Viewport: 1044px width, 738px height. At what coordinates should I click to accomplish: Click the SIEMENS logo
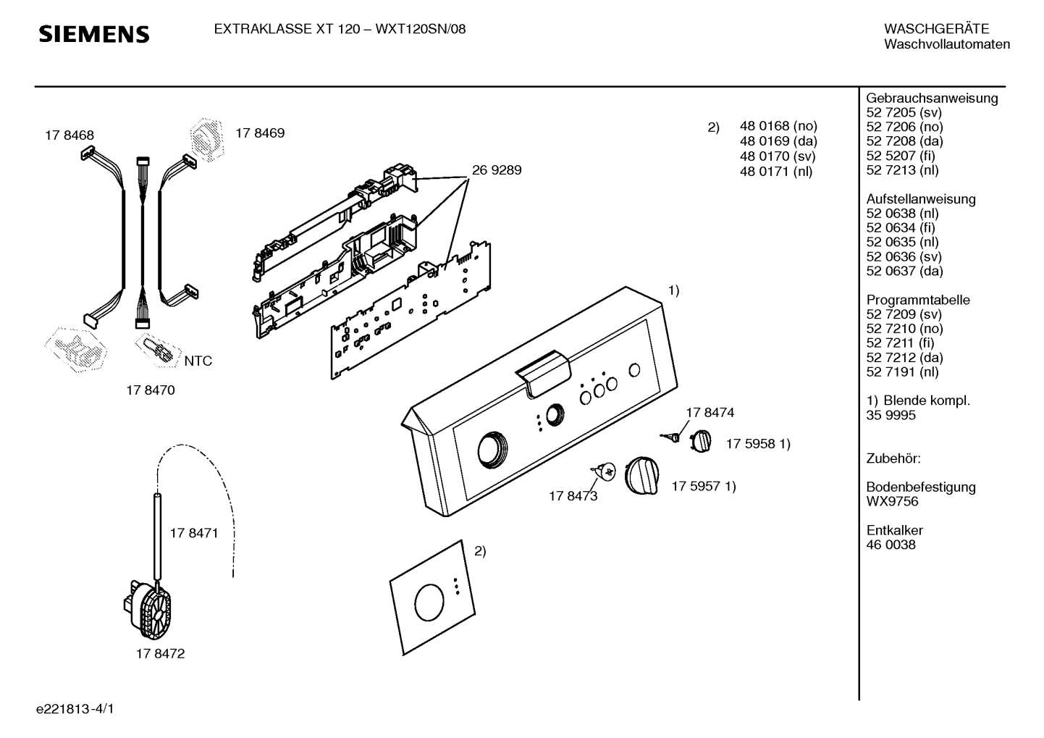coord(94,34)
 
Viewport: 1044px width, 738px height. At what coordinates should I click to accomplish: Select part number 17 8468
coord(70,135)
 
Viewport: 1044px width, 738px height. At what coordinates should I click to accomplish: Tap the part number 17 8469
coord(260,133)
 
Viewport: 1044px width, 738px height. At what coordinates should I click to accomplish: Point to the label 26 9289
coord(497,169)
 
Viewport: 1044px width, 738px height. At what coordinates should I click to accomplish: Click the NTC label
coord(198,361)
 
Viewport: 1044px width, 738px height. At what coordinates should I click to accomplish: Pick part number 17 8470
coord(151,390)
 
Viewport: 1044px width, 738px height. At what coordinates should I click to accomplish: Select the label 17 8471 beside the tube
coord(194,533)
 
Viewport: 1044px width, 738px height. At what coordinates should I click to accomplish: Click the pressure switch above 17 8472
coord(147,608)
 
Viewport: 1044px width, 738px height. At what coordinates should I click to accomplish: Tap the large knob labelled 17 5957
coord(641,475)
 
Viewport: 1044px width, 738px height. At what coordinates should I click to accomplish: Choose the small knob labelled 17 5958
coord(700,441)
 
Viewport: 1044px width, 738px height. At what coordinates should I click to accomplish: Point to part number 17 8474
coord(710,413)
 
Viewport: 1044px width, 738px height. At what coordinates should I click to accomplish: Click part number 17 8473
coord(573,496)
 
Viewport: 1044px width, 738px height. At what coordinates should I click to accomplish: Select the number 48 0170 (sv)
coord(778,156)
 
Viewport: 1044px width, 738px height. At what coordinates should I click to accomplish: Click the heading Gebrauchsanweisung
coord(933,98)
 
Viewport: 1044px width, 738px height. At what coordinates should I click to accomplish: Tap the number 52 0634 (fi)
coord(901,227)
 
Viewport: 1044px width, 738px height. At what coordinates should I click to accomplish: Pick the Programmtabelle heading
coord(918,300)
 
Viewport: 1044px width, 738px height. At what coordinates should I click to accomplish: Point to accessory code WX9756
coord(892,501)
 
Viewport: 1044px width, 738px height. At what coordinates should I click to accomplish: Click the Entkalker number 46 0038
coord(891,545)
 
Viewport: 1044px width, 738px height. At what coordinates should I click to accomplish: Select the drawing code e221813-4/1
coord(75,709)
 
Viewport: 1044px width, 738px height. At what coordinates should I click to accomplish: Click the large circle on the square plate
coord(429,602)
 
